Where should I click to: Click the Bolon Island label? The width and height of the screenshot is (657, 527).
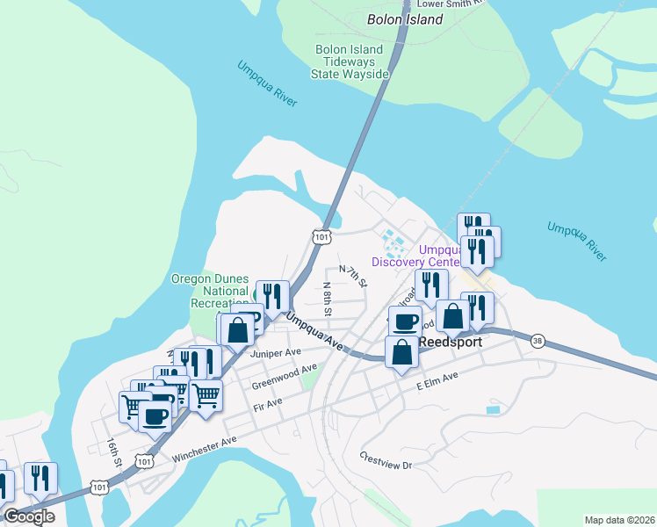[404, 18]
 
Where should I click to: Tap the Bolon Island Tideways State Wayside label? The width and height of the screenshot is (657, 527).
[350, 62]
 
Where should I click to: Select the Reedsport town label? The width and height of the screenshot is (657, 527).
[450, 342]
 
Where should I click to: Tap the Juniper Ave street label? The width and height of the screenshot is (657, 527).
[275, 353]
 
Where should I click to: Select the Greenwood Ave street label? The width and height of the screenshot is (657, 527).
[284, 377]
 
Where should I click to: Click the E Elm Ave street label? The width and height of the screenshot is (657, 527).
[437, 382]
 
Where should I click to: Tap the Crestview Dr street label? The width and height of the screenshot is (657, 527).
[386, 460]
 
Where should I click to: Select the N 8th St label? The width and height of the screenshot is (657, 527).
[327, 299]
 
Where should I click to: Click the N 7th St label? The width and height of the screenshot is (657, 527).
[352, 277]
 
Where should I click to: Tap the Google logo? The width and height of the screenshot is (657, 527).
[29, 516]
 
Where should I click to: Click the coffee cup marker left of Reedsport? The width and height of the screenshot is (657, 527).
[403, 321]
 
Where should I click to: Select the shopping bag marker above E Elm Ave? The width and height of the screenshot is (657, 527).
[401, 352]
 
